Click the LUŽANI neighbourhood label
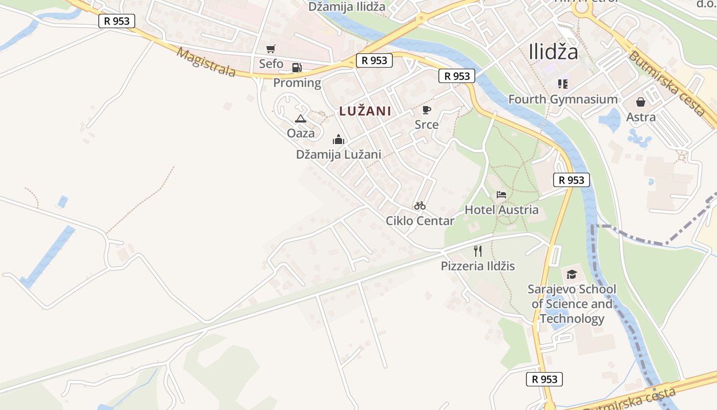(x=365, y=111)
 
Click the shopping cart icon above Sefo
(x=270, y=49)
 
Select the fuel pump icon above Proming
(x=297, y=67)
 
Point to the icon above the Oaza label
(x=301, y=118)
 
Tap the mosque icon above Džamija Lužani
(x=338, y=139)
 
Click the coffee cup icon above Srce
(x=426, y=110)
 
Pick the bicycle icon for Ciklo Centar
(x=420, y=206)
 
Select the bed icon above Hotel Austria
(x=501, y=195)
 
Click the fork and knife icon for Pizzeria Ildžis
(x=478, y=251)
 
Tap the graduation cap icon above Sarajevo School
(x=572, y=274)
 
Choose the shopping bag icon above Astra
(x=641, y=102)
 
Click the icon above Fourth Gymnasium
(x=563, y=84)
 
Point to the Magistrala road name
(x=206, y=63)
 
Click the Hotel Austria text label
(x=501, y=210)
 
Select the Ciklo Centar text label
(x=420, y=221)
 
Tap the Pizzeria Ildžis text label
(x=478, y=266)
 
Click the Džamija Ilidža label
(x=346, y=7)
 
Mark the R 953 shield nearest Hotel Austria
(x=571, y=180)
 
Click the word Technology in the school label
(x=572, y=319)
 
